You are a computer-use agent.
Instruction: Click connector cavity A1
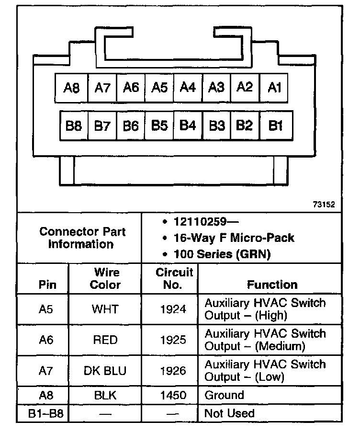(274, 88)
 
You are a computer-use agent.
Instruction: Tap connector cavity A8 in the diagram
(72, 88)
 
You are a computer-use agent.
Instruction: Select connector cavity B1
(275, 125)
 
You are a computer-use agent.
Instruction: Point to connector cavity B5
(159, 125)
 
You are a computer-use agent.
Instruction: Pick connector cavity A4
(188, 88)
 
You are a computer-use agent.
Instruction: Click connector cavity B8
(74, 125)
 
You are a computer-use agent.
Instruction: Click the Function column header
(272, 285)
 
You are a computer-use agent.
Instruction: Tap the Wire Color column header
(106, 279)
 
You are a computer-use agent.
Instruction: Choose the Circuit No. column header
(174, 279)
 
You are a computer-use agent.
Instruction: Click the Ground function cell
(224, 395)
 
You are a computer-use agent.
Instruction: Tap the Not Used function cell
(229, 413)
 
